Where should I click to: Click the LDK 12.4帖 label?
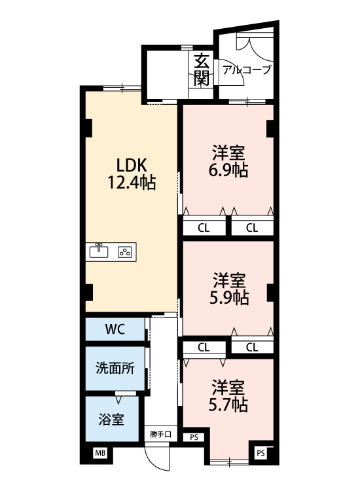tap(132, 173)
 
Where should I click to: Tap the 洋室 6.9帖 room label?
tap(228, 161)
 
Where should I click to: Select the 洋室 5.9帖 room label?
tap(229, 289)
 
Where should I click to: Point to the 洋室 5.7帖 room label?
tap(228, 395)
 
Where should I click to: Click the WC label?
tap(115, 329)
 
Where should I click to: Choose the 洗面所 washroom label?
tap(115, 368)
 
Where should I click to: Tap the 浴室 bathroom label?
tap(111, 419)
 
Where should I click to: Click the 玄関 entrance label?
tap(202, 69)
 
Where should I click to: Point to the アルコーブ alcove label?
tap(246, 69)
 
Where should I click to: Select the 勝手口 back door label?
tap(160, 434)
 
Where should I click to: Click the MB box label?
tap(100, 452)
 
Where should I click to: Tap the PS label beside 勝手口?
tap(194, 437)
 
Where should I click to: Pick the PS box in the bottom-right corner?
tap(261, 453)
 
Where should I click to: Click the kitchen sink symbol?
tap(99, 251)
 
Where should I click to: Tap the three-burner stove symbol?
tap(125, 252)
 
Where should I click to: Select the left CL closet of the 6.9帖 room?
tap(204, 228)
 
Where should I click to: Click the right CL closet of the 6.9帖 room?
tap(252, 228)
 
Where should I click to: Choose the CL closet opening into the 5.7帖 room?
tap(204, 347)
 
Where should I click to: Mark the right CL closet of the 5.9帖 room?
tap(252, 347)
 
